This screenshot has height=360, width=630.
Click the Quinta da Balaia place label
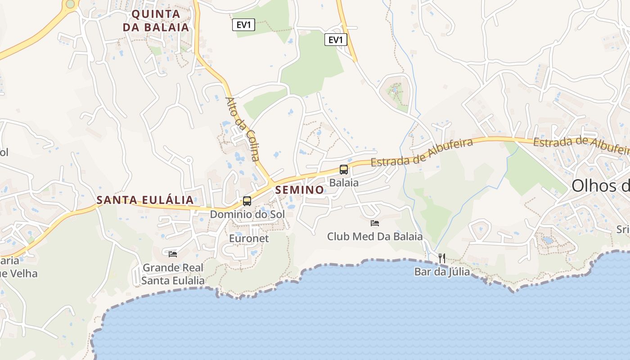pos(156,21)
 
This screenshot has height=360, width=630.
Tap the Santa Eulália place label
pos(145,200)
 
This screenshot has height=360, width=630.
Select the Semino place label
pos(299,190)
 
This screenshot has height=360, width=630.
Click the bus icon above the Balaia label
pos(344,170)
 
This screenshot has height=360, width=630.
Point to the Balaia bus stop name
pos(344,183)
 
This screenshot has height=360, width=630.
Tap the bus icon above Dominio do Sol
pos(247,201)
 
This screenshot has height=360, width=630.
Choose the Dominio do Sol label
pos(247,214)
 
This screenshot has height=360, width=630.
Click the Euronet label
pos(249,238)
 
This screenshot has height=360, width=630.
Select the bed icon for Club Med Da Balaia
pos(375,223)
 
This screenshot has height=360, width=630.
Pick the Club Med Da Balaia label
pos(375,236)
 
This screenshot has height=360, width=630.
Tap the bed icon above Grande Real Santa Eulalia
pos(173,254)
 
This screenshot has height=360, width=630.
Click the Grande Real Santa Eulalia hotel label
pos(173,274)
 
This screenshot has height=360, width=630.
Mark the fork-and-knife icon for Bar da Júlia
pos(442,258)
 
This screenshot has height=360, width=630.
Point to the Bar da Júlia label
pos(442,272)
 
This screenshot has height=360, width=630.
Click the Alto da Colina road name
pos(243,129)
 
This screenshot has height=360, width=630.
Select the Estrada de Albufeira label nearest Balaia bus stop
pos(422,153)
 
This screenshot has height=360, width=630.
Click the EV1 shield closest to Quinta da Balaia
pos(244,25)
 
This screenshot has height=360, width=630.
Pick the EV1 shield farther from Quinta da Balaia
pos(336,40)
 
